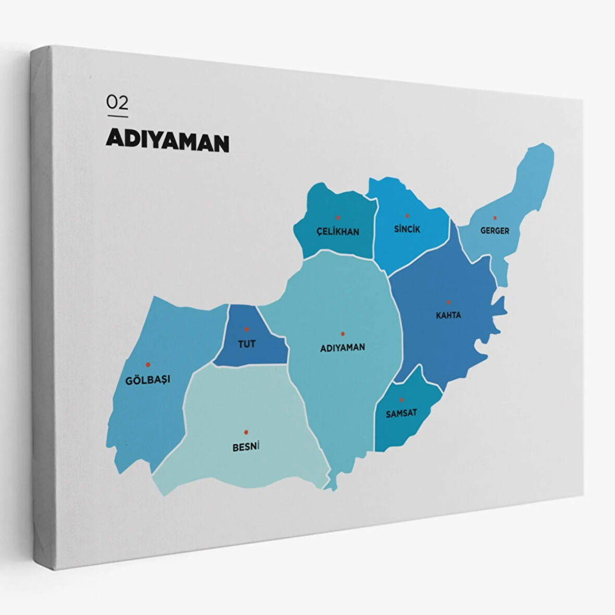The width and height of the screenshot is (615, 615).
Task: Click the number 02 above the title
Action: pos(117,102)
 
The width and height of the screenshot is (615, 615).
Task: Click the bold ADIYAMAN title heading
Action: pos(167,141)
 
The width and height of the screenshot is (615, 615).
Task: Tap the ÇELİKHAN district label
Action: pos(338,231)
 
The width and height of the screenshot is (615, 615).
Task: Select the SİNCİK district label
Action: pos(407,229)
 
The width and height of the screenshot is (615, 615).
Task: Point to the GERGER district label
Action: pos(495,230)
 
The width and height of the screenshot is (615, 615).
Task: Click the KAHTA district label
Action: pos(448,315)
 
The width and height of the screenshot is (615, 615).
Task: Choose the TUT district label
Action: pos(247,344)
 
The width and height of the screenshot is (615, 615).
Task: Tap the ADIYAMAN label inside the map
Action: pos(342,347)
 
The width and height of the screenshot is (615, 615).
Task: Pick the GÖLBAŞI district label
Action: pos(147,379)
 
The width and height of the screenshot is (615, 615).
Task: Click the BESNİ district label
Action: pos(245,447)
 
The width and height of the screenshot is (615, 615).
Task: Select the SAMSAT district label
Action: pos(401,413)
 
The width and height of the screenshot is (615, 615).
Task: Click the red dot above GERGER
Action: pos(495,218)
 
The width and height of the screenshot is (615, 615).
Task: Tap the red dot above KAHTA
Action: pos(448,302)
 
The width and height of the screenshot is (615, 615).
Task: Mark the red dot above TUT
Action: pos(247,329)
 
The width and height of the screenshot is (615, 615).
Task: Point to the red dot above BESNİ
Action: pos(245,432)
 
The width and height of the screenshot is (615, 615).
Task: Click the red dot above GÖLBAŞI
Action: pos(148,364)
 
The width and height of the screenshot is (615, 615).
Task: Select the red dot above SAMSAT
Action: pos(401,400)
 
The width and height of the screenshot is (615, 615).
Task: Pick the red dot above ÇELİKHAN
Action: pos(338,217)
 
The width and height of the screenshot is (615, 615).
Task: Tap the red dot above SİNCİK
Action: pos(407,215)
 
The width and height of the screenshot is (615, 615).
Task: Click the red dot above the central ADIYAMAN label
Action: pos(342,334)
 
